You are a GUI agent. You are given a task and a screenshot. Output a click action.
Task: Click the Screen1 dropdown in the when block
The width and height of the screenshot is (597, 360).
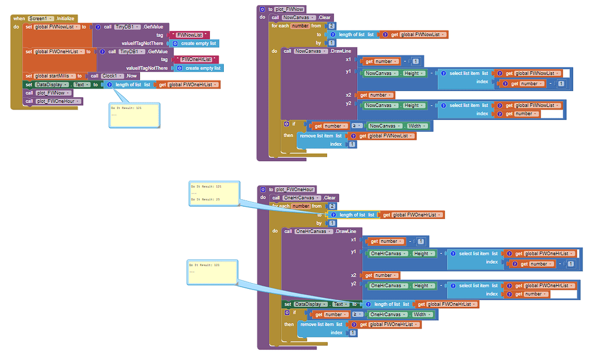[40, 19]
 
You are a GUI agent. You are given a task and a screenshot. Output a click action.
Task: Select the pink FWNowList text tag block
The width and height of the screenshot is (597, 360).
[189, 35]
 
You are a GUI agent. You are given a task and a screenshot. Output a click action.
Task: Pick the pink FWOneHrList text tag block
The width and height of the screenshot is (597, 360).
[196, 59]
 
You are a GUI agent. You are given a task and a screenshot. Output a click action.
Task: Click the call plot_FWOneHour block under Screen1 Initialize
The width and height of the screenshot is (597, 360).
[53, 101]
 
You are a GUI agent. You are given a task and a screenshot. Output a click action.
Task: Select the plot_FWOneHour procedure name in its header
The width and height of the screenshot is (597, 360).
[295, 189]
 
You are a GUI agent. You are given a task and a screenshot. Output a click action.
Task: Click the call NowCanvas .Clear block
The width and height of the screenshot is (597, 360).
[303, 17]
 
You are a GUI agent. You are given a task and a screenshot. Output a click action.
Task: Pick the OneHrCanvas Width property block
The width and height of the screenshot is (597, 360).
[402, 315]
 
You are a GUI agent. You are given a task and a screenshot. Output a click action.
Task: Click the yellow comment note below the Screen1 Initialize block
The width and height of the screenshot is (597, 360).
[135, 115]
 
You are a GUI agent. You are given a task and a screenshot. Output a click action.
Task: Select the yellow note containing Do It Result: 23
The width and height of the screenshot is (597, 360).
[213, 193]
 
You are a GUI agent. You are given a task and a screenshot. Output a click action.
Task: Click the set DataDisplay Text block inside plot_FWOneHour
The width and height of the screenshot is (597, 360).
[317, 304]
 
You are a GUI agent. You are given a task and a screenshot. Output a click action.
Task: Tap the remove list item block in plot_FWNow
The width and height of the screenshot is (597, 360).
[320, 136]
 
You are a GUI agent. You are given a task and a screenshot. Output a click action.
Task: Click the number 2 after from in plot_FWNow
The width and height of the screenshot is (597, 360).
[332, 26]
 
